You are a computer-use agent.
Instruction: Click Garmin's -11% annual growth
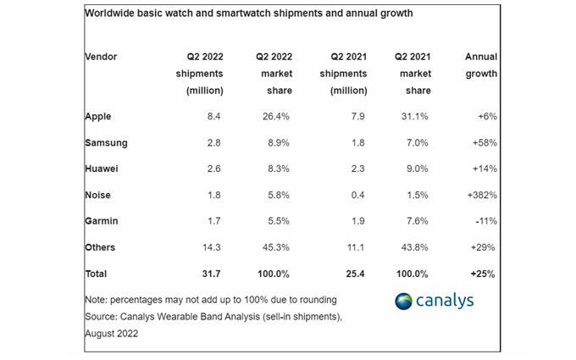482,222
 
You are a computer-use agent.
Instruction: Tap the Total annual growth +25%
480,274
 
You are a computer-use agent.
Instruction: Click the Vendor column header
102,57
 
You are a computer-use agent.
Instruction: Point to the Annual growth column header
481,65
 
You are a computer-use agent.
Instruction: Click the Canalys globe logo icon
405,302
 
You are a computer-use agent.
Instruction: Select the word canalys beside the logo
446,302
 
